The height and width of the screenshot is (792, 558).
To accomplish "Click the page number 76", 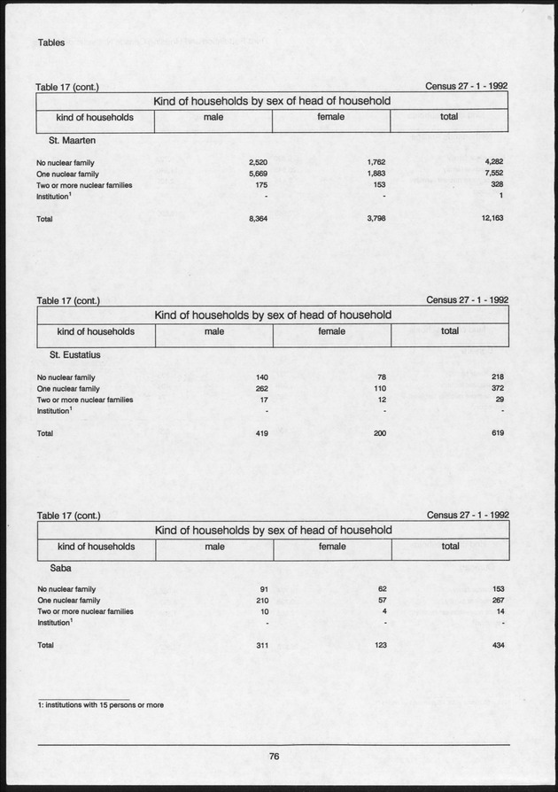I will (x=275, y=756).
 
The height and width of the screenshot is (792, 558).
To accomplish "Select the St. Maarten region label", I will (x=66, y=140).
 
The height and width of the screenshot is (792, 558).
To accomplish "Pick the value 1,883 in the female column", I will (x=376, y=175).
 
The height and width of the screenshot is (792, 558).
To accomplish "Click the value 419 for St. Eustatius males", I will (x=261, y=433).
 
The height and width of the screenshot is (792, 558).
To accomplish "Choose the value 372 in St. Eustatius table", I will (x=496, y=389).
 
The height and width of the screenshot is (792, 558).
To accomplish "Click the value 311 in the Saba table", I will (x=261, y=646).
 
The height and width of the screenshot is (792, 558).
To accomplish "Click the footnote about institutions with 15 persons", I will (x=101, y=704).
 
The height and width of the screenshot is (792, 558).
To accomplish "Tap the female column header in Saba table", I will (x=332, y=547).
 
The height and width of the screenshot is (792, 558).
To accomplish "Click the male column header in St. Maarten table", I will (x=213, y=117).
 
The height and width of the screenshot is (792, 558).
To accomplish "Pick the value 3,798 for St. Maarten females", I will (x=376, y=218).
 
